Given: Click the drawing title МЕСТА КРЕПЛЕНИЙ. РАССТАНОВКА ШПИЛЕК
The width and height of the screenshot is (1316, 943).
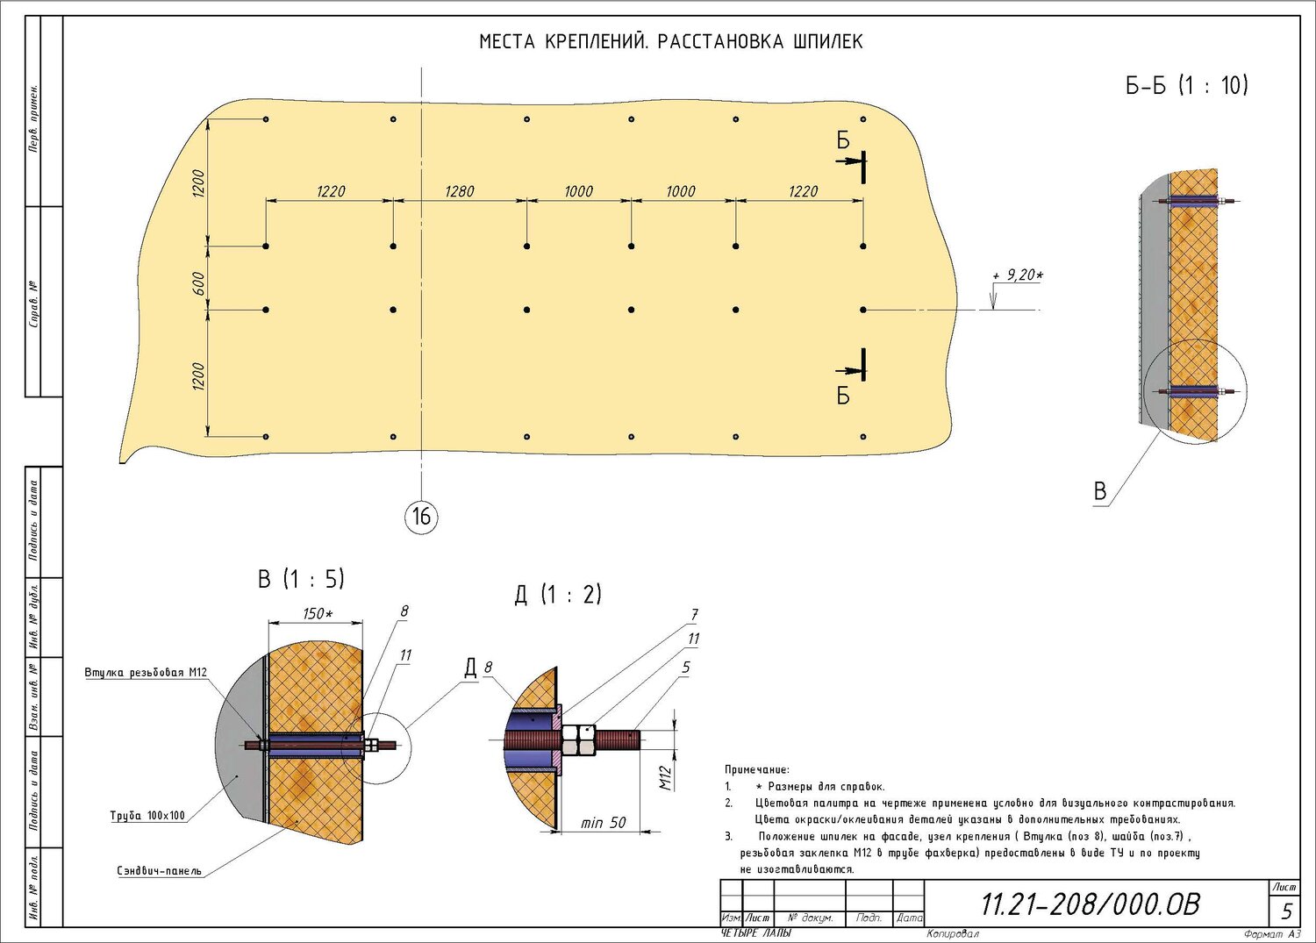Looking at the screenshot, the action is [670, 42].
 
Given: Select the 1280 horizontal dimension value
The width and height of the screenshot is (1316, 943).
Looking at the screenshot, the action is [460, 191].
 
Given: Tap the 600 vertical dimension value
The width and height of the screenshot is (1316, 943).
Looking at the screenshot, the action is [198, 284].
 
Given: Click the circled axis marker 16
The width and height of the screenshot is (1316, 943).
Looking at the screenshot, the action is [421, 517].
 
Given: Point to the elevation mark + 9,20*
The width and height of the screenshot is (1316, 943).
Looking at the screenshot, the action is [1018, 275].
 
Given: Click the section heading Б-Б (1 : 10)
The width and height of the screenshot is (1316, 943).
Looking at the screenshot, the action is [1186, 86].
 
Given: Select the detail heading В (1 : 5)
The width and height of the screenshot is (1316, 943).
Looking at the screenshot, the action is [301, 579].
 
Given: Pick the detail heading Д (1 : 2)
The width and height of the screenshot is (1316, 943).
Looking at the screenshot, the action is [558, 595].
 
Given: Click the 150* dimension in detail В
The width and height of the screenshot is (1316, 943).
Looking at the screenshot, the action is [318, 613].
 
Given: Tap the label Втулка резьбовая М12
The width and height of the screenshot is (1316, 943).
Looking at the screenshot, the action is [146, 672].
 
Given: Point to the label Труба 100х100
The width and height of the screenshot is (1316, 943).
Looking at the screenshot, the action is [147, 816].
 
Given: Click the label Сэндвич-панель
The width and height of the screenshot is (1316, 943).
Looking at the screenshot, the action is [159, 871].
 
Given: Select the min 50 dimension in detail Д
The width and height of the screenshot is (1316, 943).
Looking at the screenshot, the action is [604, 823].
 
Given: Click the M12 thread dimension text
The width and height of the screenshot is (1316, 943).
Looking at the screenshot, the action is [665, 777].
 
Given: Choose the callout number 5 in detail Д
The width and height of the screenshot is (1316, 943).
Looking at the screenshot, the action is [686, 667].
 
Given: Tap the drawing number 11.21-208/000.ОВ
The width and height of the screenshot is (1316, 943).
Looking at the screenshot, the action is [1091, 904].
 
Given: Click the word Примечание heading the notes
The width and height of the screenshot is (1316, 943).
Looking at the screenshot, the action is [757, 769].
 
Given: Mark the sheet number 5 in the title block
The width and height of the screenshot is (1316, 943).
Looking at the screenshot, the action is [1287, 911].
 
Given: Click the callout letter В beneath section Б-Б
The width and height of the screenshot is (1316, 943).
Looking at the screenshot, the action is [1100, 491].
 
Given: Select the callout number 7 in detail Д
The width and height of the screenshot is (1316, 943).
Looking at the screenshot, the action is [695, 615].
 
